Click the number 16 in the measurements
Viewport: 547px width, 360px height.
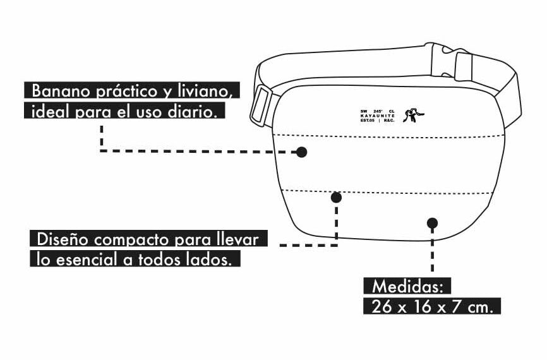(x=419, y=307)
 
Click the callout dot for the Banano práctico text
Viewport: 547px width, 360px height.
(x=302, y=152)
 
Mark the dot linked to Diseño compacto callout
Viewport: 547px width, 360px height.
(x=336, y=197)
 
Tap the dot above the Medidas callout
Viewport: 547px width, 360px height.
(x=432, y=222)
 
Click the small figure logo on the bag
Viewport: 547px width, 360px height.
(x=413, y=116)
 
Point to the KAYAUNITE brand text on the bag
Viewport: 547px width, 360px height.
(x=377, y=116)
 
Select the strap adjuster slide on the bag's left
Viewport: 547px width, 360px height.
(x=261, y=105)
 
